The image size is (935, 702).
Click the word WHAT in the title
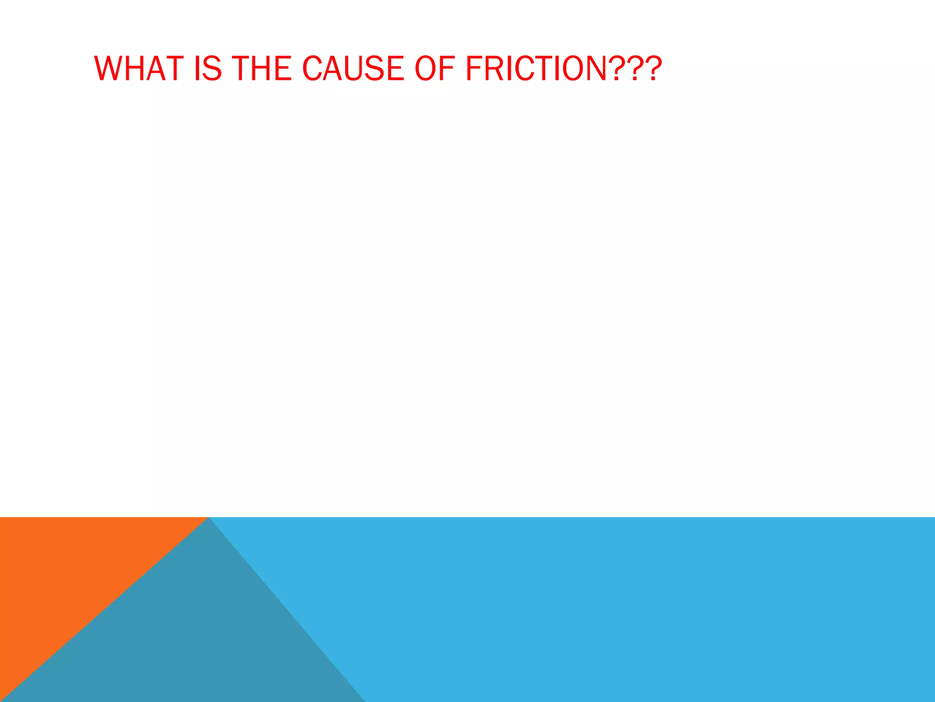pyautogui.click(x=139, y=69)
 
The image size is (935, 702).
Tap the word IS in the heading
pyautogui.click(x=208, y=69)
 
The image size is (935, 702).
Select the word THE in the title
pyautogui.click(x=262, y=69)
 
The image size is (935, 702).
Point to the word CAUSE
pyautogui.click(x=353, y=69)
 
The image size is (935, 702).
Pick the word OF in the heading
pyautogui.click(x=434, y=69)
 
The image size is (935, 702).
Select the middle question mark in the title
pyautogui.click(x=636, y=69)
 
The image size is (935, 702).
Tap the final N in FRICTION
pyautogui.click(x=595, y=69)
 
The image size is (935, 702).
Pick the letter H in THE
pyautogui.click(x=263, y=69)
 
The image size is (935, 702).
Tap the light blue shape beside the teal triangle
pyautogui.click(x=639, y=608)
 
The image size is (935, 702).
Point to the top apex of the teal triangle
pyautogui.click(x=209, y=519)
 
